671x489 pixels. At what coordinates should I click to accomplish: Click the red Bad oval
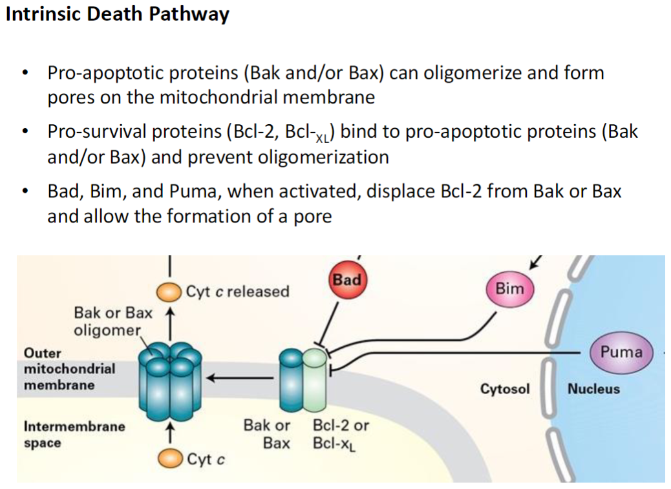point(347,283)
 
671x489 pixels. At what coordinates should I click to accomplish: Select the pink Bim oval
point(509,289)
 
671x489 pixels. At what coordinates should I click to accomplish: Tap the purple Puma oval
point(621,353)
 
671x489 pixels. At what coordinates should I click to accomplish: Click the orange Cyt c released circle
point(171,292)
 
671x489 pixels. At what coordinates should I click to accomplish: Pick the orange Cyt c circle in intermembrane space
point(171,459)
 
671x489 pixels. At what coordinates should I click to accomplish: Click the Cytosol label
point(504,389)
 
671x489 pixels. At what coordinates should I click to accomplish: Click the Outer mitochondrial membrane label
point(59,369)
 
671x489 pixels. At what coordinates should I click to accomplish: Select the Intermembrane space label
point(74,435)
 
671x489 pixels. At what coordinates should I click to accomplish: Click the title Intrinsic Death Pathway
point(117,14)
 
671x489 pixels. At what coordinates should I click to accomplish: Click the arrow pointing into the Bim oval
point(535,262)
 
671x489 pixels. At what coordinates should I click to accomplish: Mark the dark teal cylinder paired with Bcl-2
point(290,376)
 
